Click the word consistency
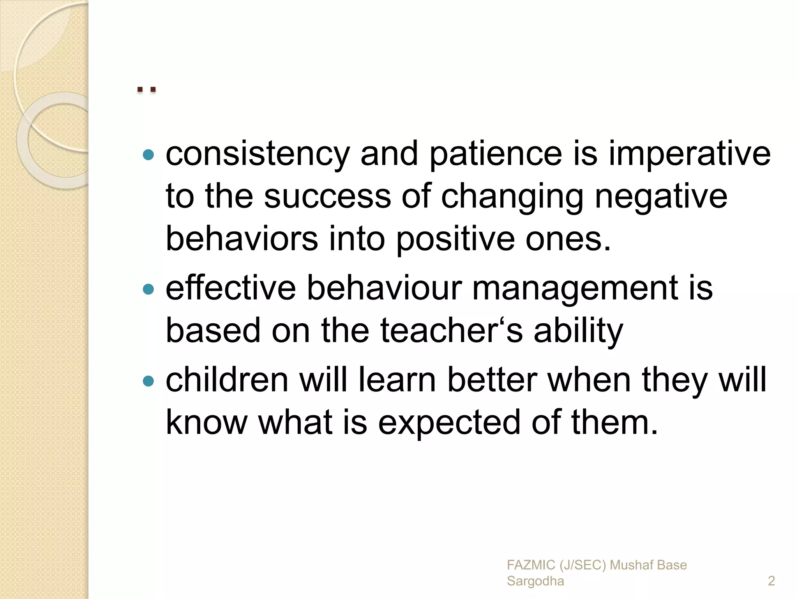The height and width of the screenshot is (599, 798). pos(257,154)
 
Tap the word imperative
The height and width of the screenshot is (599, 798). pos(690,154)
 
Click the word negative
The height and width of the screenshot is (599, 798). pos(661,197)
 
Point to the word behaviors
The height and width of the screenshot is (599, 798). pos(242,239)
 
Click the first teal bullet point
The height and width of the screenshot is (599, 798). pos(148,155)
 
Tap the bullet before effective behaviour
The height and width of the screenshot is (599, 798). pos(148,289)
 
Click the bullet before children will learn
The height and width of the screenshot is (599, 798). pos(148,381)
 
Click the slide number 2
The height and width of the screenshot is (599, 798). pos(771,581)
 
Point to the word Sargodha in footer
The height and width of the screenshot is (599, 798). pos(535,581)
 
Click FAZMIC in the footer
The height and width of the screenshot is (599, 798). pos(530,565)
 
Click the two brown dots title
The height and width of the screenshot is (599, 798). pos(147,90)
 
